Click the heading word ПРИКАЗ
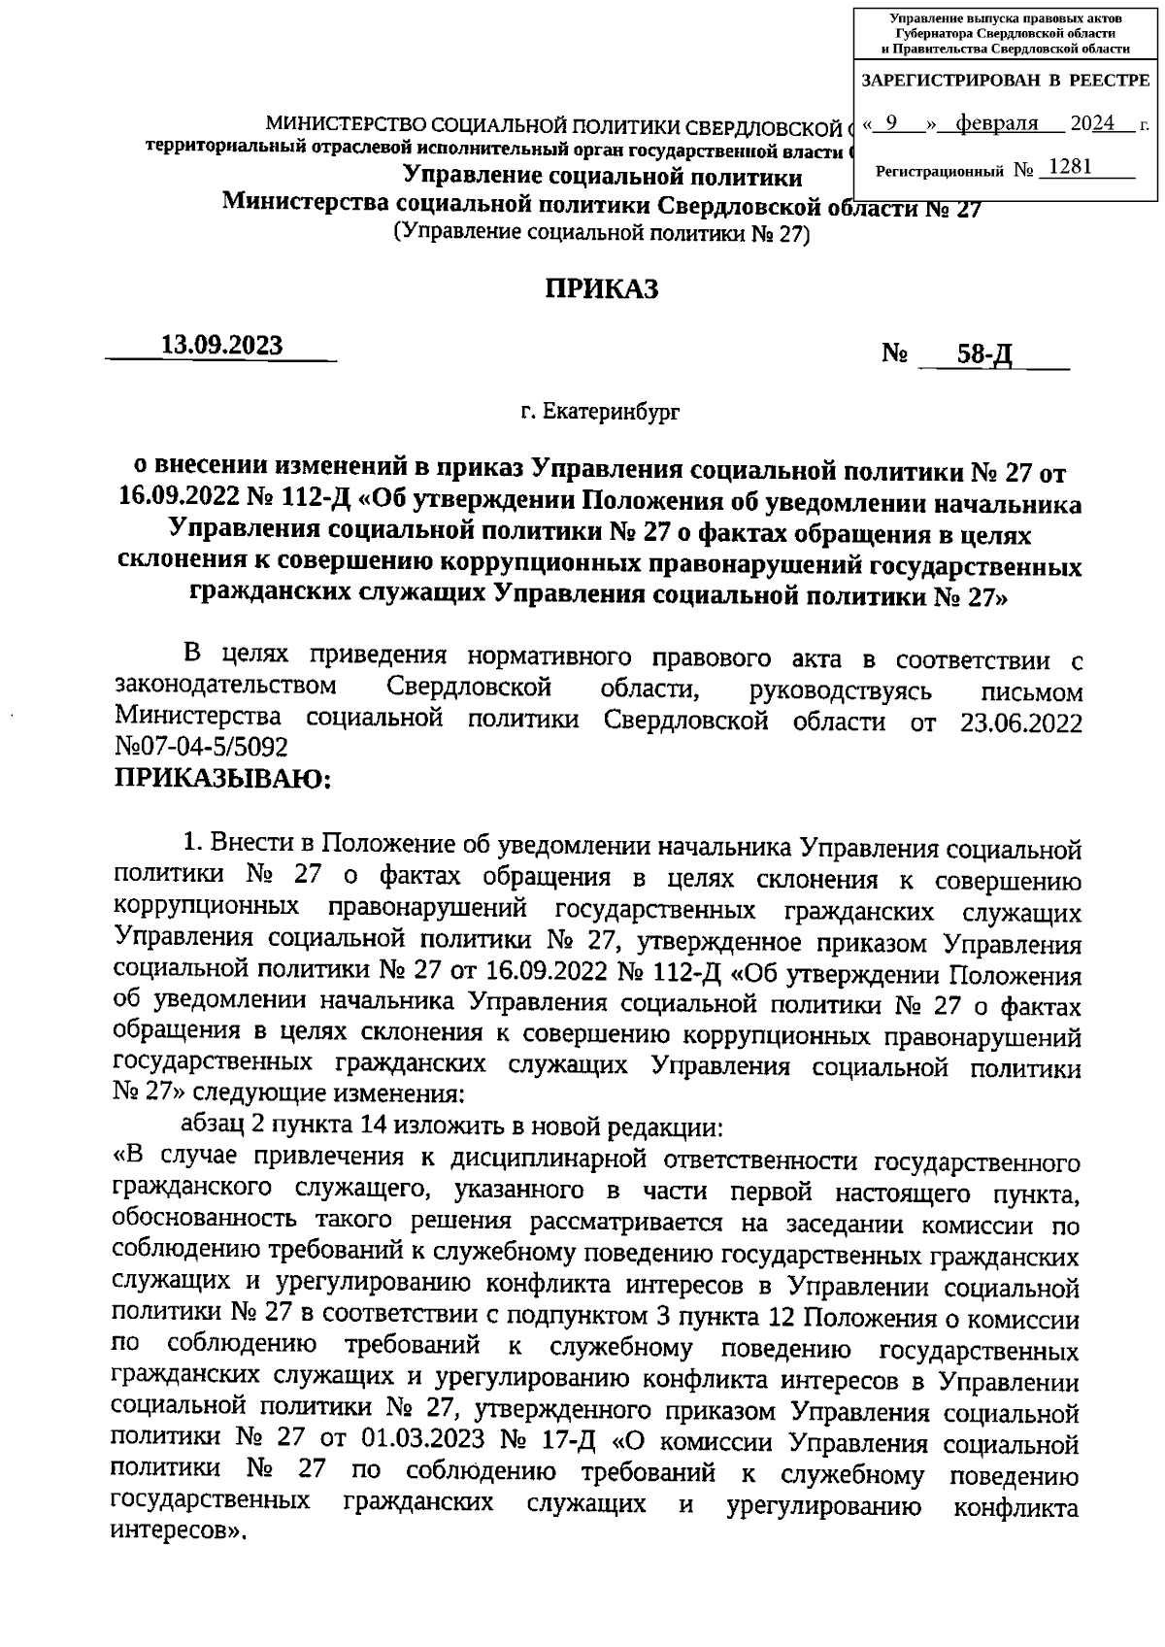click(600, 288)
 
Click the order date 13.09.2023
click(222, 346)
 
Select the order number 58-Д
click(984, 355)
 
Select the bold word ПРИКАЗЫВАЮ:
click(223, 778)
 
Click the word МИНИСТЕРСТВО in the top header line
click(346, 127)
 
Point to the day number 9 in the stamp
click(890, 123)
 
